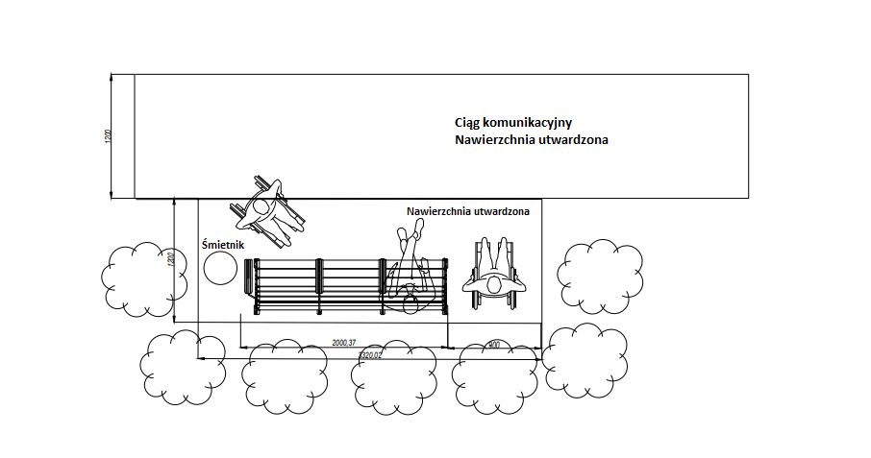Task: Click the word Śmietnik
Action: click(x=223, y=245)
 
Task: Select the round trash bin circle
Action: click(x=221, y=270)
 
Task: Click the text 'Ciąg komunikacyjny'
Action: click(x=513, y=122)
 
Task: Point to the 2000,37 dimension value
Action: click(x=343, y=343)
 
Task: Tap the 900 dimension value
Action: click(x=494, y=344)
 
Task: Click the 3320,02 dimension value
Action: click(x=369, y=355)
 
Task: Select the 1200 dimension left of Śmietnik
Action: click(x=169, y=260)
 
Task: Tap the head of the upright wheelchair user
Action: click(x=494, y=284)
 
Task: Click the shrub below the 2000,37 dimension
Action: click(x=286, y=375)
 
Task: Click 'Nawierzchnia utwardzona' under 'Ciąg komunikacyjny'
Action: click(x=532, y=140)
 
